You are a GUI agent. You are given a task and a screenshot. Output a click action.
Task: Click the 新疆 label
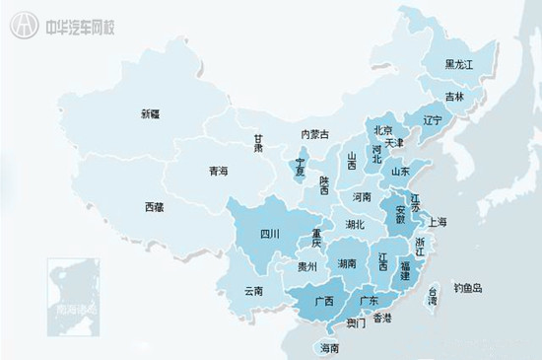[151, 115]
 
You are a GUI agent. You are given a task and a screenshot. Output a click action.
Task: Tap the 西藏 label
[156, 207]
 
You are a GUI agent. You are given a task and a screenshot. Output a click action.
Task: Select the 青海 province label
[218, 172]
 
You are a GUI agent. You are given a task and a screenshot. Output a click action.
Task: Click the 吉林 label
[454, 97]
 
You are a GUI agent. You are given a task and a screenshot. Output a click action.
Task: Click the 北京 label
[383, 130]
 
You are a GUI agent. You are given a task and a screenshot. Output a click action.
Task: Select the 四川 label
[270, 234]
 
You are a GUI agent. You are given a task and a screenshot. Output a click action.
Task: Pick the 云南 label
[253, 291]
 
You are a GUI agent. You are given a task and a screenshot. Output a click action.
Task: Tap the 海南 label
[329, 348]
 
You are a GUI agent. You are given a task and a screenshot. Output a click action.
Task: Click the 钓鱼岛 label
[468, 288]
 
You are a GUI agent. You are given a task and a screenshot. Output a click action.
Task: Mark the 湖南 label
[347, 264]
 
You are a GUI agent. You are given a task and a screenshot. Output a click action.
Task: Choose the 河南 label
[362, 197]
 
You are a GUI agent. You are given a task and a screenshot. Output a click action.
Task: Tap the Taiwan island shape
[431, 295]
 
